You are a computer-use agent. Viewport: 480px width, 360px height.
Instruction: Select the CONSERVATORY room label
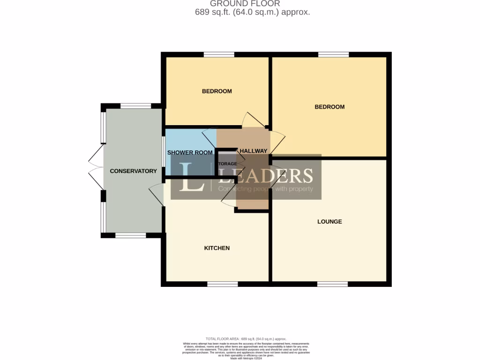pyautogui.click(x=133, y=171)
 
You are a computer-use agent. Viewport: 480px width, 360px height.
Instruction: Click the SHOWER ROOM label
pyautogui.click(x=190, y=152)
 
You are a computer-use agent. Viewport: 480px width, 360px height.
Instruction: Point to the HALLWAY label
pyautogui.click(x=253, y=151)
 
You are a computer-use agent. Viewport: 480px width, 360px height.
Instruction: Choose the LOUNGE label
pyautogui.click(x=330, y=222)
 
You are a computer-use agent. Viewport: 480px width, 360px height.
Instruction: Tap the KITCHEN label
pyautogui.click(x=217, y=248)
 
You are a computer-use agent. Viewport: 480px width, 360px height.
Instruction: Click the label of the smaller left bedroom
pyautogui.click(x=217, y=91)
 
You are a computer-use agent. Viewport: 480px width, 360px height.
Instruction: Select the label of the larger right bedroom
pyautogui.click(x=330, y=107)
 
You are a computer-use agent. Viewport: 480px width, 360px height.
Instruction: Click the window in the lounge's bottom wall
pyautogui.click(x=332, y=284)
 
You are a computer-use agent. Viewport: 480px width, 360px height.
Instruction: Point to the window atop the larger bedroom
pyautogui.click(x=333, y=55)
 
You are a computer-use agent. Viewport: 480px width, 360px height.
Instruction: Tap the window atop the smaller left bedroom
pyautogui.click(x=219, y=55)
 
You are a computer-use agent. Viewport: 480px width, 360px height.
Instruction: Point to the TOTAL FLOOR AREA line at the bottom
pyautogui.click(x=246, y=339)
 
